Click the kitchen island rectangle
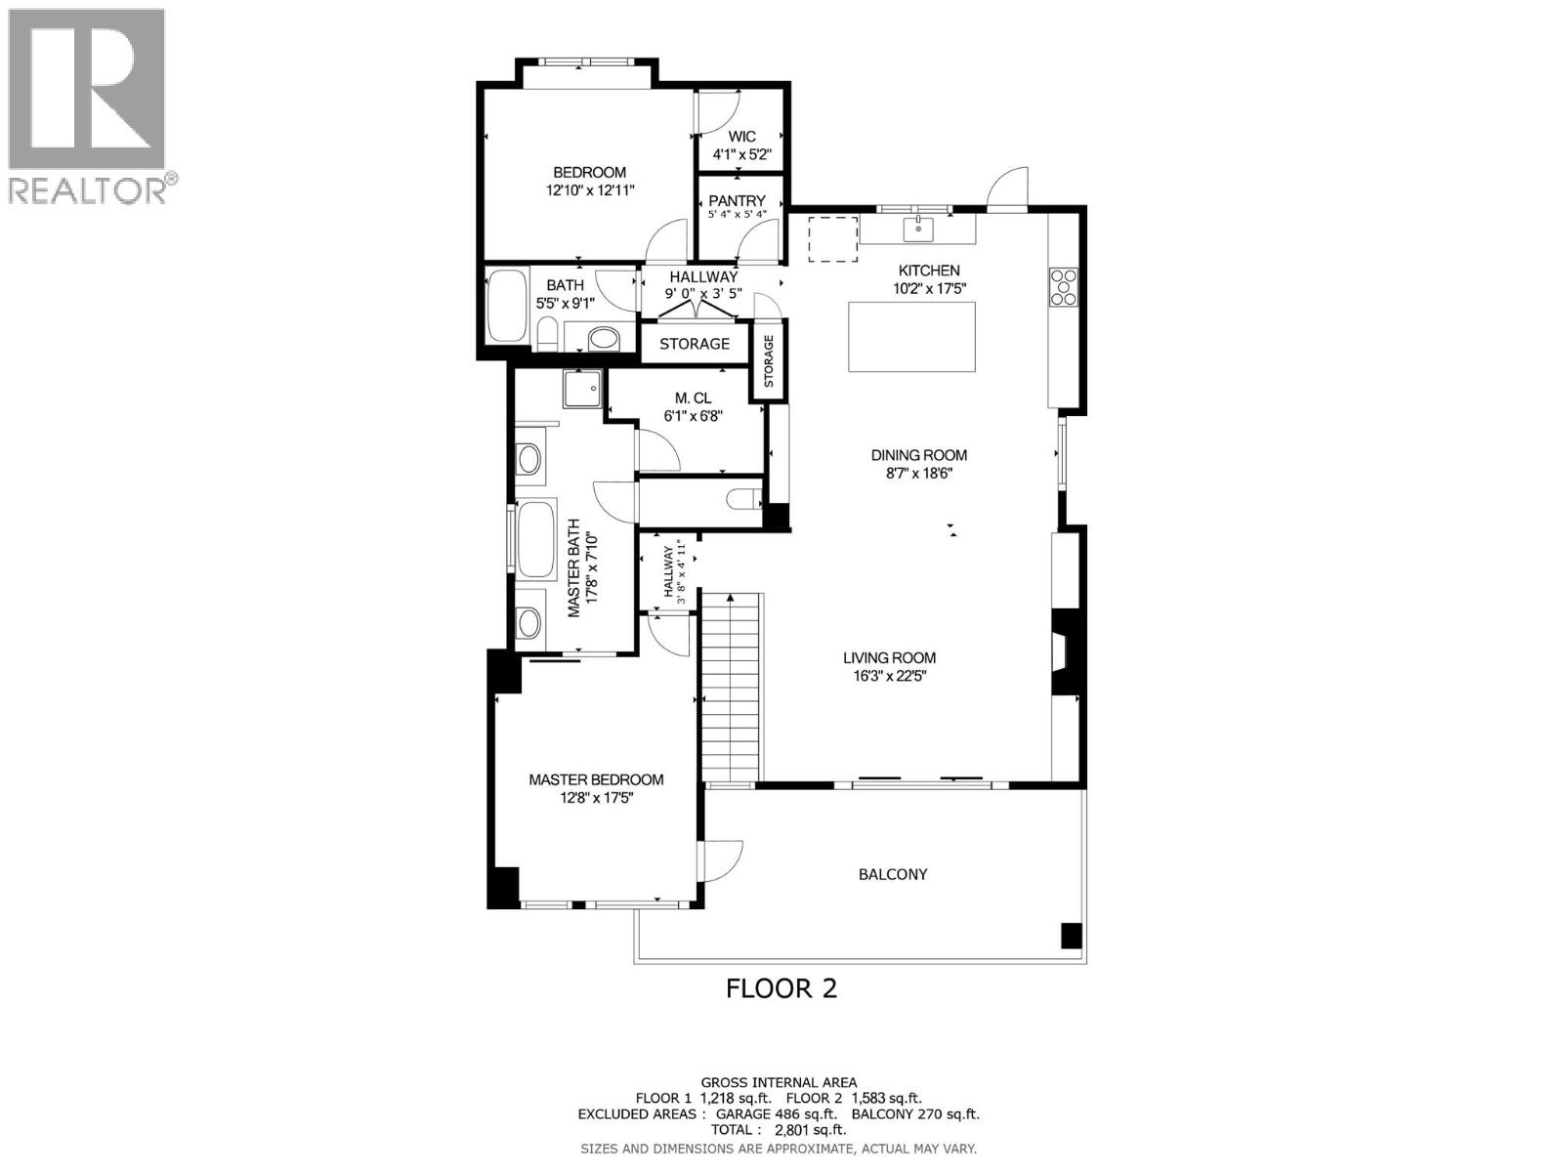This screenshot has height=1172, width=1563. pyautogui.click(x=911, y=337)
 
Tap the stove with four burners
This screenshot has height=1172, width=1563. pyautogui.click(x=1064, y=286)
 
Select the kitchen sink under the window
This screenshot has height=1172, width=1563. pyautogui.click(x=918, y=230)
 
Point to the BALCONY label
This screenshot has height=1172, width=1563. pyautogui.click(x=893, y=874)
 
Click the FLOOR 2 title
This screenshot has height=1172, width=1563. pyautogui.click(x=781, y=988)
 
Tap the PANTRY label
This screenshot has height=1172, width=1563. pyautogui.click(x=738, y=201)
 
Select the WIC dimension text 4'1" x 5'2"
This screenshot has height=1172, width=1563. pyautogui.click(x=742, y=154)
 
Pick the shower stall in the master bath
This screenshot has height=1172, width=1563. pyautogui.click(x=583, y=390)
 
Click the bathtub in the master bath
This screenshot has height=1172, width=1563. pyautogui.click(x=536, y=540)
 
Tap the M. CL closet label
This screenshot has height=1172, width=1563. pyautogui.click(x=693, y=398)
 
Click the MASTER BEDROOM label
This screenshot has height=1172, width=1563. pyautogui.click(x=596, y=779)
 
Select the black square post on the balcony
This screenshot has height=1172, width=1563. pyautogui.click(x=1072, y=935)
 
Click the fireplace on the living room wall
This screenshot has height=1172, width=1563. pyautogui.click(x=1064, y=651)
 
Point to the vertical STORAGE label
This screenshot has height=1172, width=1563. pyautogui.click(x=769, y=361)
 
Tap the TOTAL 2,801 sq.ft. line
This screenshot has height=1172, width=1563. pyautogui.click(x=779, y=1130)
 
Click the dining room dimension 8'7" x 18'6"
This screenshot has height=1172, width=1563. pyautogui.click(x=918, y=473)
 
